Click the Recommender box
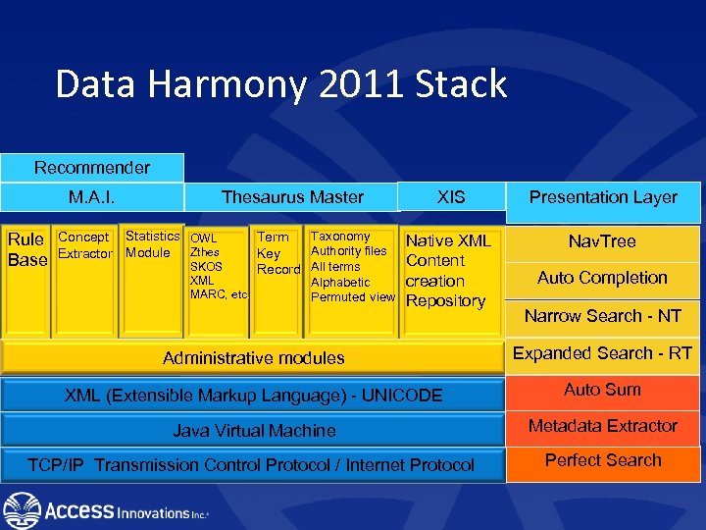(x=92, y=168)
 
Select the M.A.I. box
(x=92, y=197)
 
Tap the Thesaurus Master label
(x=292, y=197)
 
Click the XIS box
(x=451, y=197)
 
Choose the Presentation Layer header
(x=603, y=197)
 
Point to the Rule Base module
(x=26, y=249)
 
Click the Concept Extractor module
(x=85, y=246)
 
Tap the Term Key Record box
(x=277, y=252)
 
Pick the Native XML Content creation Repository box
(x=447, y=271)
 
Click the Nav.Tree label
(x=603, y=241)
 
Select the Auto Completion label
(x=603, y=278)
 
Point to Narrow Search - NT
(x=603, y=316)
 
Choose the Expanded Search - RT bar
(x=603, y=353)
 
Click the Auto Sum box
(x=603, y=390)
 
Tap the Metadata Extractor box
(x=603, y=426)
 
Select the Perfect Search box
(x=603, y=460)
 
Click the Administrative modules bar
(x=253, y=358)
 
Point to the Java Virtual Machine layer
(x=253, y=431)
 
